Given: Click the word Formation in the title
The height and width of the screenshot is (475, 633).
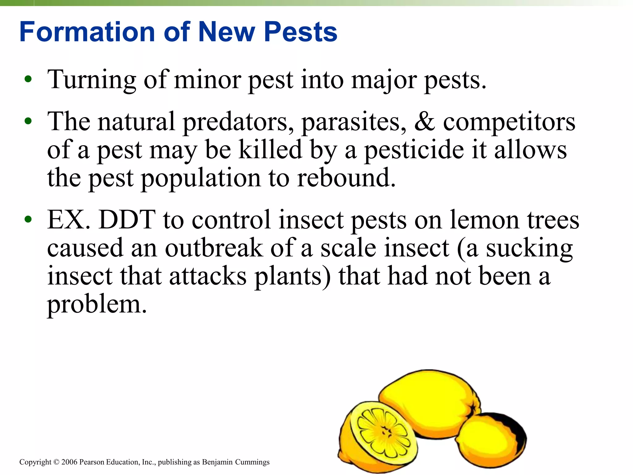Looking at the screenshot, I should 87,32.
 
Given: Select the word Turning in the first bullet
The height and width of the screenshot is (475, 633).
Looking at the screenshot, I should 91,79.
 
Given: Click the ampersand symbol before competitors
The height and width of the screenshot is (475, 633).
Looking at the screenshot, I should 424,121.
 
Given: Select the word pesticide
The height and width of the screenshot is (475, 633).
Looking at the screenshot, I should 414,150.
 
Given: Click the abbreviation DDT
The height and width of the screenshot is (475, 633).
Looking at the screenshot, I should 127,220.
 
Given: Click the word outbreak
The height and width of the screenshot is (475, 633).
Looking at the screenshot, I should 214,248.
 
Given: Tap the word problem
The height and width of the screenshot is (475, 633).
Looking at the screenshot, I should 97,305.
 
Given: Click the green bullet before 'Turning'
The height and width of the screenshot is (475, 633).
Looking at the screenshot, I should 28,79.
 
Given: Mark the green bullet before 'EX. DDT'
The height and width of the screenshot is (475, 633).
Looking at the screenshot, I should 28,220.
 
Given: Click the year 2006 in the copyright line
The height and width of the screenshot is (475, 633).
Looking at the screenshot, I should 69,462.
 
